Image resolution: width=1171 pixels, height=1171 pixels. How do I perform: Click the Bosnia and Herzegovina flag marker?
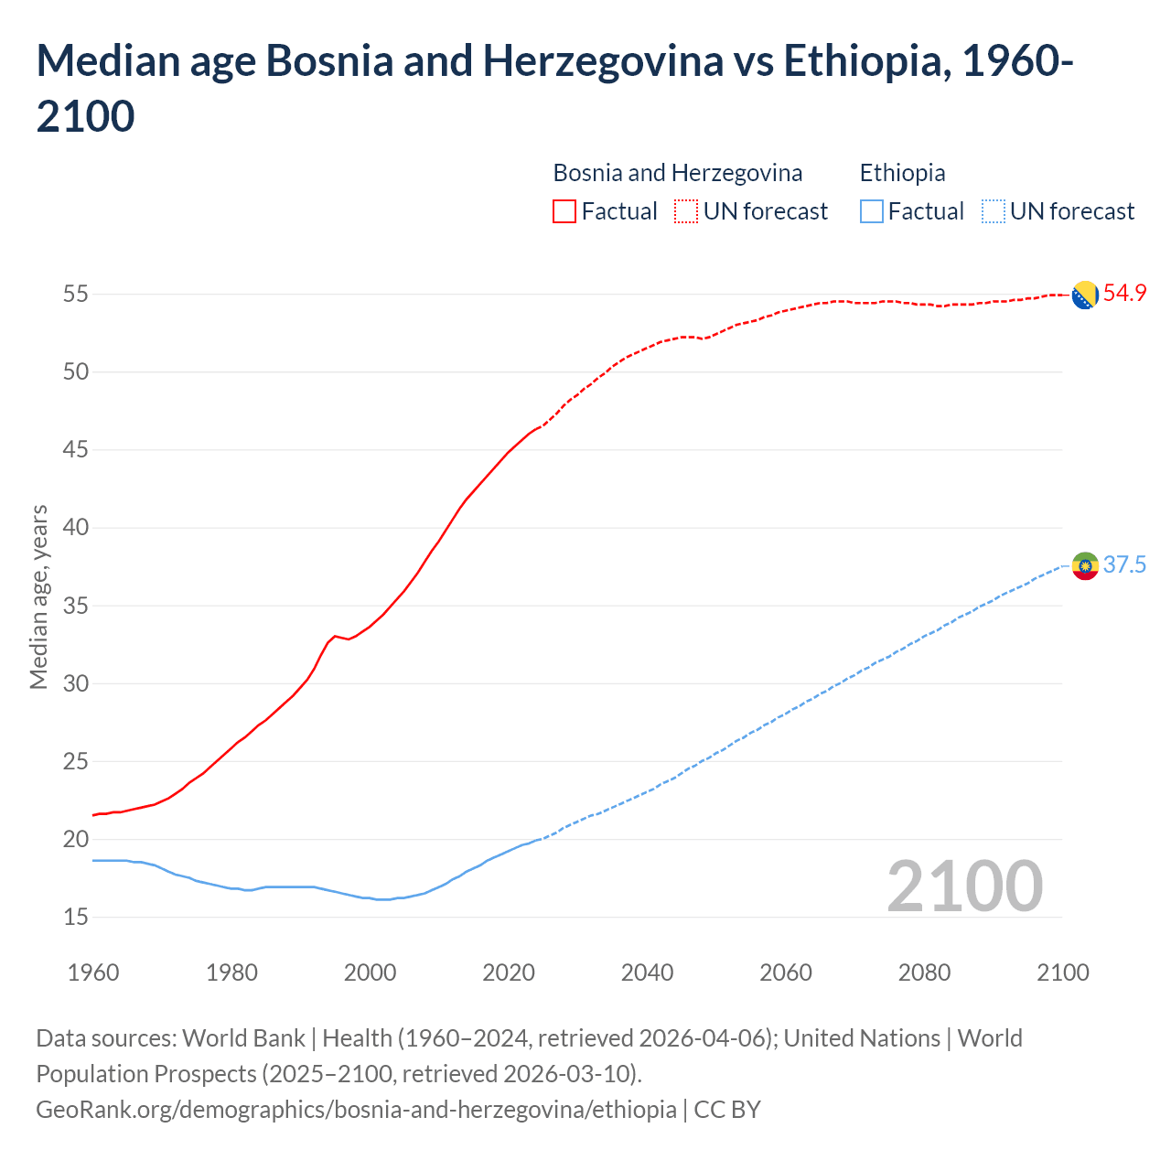point(1085,295)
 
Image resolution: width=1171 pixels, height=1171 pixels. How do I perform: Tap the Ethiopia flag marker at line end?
point(1085,566)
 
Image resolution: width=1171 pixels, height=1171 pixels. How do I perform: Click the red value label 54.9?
point(1124,294)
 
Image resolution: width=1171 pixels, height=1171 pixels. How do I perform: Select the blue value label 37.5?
point(1124,564)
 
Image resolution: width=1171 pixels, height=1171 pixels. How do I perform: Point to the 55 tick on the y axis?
point(76,295)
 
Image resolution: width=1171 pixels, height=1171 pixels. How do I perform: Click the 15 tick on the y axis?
point(76,917)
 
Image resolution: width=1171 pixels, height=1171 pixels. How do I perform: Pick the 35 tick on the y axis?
point(76,606)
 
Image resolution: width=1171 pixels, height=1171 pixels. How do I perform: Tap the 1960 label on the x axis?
point(93,972)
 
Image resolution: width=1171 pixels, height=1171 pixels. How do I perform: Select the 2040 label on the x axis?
point(647,972)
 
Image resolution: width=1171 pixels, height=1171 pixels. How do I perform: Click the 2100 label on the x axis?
point(1062,972)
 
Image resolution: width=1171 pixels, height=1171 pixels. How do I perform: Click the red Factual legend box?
point(564,211)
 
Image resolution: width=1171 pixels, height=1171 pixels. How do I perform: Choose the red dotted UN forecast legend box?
point(686,211)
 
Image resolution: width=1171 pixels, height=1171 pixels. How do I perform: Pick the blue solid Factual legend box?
point(871,211)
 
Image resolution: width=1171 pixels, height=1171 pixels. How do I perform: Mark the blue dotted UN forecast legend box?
point(993,211)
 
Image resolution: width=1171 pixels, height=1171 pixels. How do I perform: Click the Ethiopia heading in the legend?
point(902,173)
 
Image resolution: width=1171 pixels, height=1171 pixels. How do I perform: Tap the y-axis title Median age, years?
point(38,596)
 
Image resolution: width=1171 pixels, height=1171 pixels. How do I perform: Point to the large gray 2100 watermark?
point(964,886)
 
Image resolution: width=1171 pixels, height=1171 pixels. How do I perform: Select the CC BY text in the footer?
point(727,1110)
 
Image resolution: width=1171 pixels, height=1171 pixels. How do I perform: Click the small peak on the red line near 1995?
point(335,635)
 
